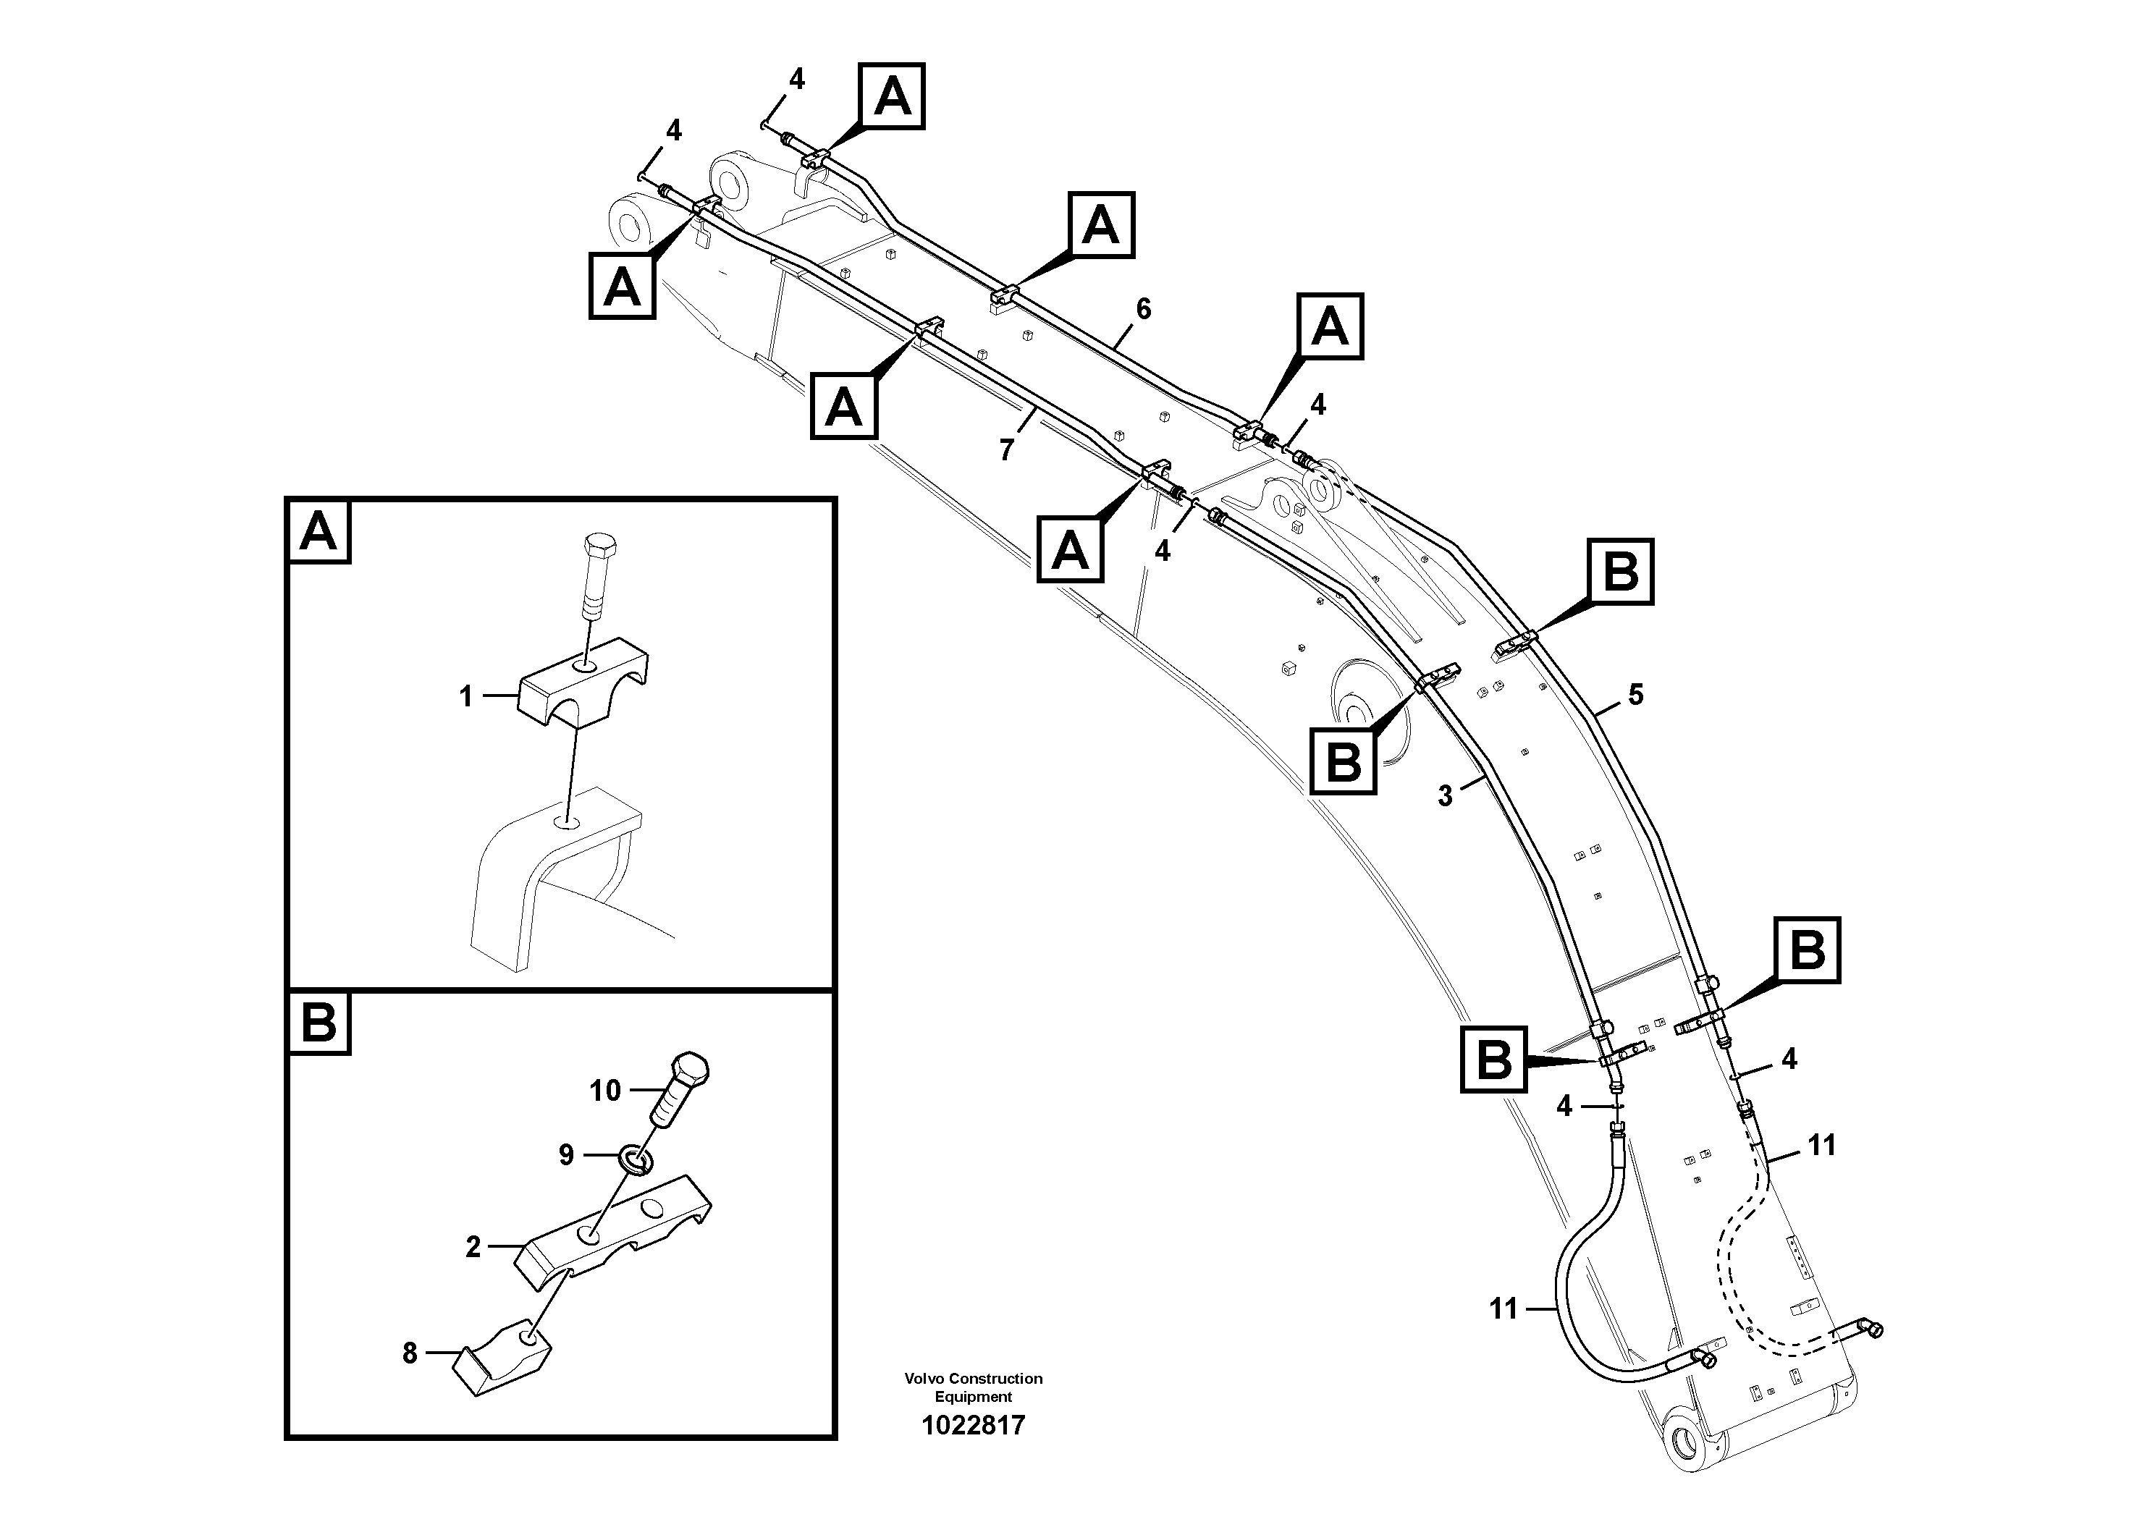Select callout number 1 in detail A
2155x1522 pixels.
(465, 696)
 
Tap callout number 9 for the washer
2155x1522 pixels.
(566, 1154)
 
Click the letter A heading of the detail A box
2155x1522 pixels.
(319, 531)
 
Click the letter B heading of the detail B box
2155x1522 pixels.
(319, 1022)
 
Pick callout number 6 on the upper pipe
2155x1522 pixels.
(1142, 309)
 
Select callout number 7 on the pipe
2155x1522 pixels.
(1006, 450)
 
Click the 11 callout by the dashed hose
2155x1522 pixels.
(1821, 1145)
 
